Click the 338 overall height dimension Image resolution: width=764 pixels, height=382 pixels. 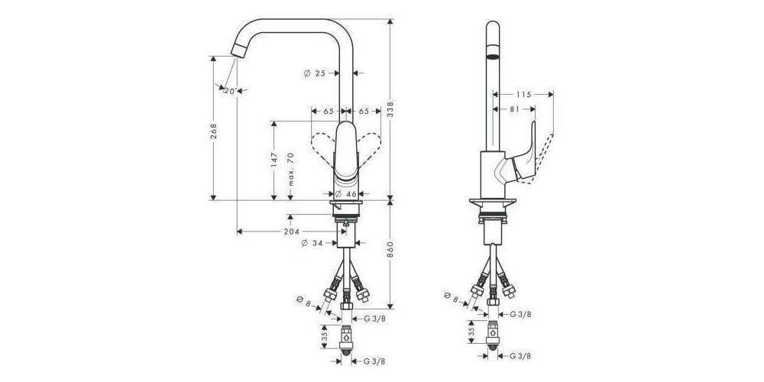(391, 109)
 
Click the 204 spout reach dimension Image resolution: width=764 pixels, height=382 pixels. (291, 231)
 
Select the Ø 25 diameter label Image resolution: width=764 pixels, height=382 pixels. (315, 73)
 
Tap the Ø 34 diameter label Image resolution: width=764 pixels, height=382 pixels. (314, 244)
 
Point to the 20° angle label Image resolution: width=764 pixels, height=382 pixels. (229, 91)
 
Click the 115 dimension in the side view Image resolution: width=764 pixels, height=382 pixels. (523, 95)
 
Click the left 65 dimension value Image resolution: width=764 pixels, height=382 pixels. (329, 111)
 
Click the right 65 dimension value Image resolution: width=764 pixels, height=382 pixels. (364, 111)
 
